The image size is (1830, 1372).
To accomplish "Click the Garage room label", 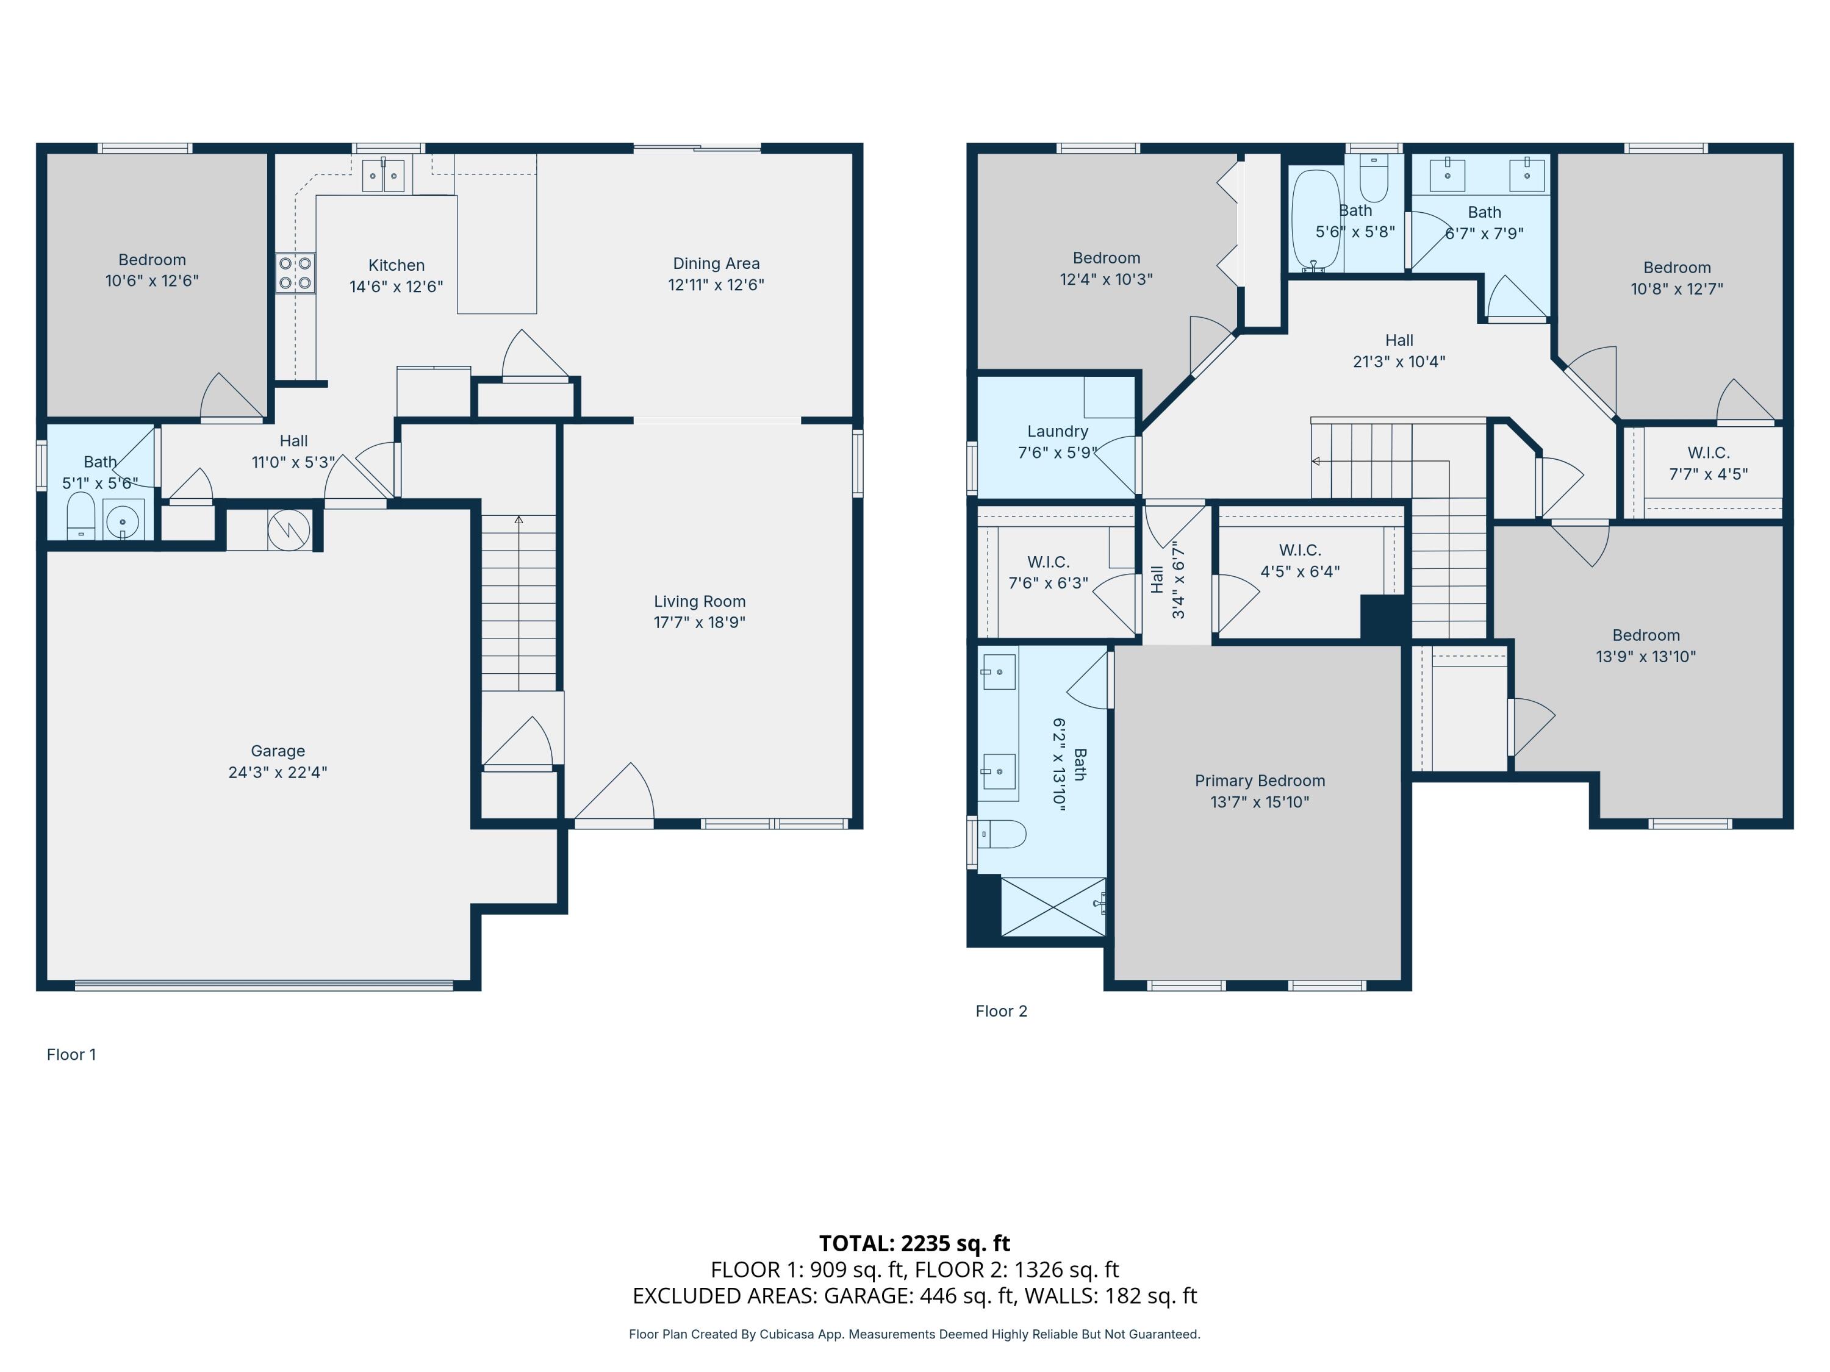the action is (x=278, y=751).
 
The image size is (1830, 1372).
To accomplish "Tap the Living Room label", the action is (x=700, y=601).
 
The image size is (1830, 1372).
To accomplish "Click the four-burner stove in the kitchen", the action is (x=295, y=273).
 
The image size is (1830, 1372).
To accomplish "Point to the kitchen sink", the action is (x=384, y=176).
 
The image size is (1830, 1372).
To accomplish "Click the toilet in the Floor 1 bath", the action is (x=81, y=515).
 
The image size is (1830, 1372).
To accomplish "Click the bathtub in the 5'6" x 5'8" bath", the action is (x=1316, y=220).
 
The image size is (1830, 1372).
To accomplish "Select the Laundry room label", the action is (x=1057, y=431).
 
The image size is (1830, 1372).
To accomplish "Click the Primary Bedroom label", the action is (x=1260, y=781).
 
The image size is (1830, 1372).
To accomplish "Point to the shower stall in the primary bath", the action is (x=1053, y=906).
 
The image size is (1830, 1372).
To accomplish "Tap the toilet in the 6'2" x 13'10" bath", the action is (x=1003, y=834).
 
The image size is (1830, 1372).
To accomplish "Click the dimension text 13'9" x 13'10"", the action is (x=1646, y=657).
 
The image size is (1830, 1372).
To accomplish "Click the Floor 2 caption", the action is (x=1001, y=1010).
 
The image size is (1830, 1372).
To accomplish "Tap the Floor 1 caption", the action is (x=71, y=1054).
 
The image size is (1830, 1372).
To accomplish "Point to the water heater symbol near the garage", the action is (x=289, y=529).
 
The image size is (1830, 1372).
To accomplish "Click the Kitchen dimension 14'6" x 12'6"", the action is (x=396, y=286).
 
